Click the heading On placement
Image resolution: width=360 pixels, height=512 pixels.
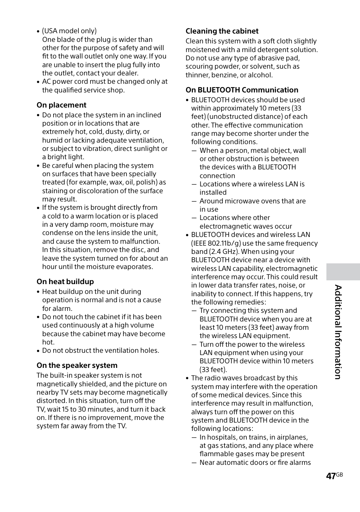62,105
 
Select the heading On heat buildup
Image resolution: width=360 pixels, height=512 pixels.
65,282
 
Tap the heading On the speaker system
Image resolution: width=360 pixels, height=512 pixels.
77,366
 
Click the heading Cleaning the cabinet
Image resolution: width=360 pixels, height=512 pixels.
222,31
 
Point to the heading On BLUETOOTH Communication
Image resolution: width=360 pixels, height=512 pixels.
242,90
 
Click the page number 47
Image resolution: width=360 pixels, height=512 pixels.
331,476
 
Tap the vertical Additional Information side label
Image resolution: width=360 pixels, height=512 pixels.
338,332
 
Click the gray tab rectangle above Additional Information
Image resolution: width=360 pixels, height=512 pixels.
343,272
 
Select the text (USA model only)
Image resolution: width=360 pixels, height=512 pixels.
69,31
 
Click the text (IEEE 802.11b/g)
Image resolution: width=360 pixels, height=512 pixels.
215,243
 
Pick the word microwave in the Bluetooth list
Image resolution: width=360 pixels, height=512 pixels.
239,201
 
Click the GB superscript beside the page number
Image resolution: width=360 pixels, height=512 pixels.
339,475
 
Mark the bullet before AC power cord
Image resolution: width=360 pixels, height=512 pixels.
38,82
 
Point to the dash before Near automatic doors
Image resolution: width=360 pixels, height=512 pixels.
194,463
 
